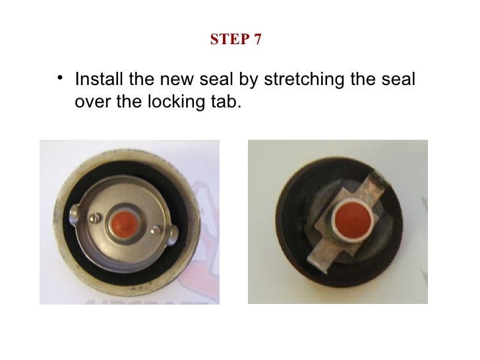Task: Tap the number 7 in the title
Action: tap(257, 40)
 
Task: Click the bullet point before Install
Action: tap(60, 78)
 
